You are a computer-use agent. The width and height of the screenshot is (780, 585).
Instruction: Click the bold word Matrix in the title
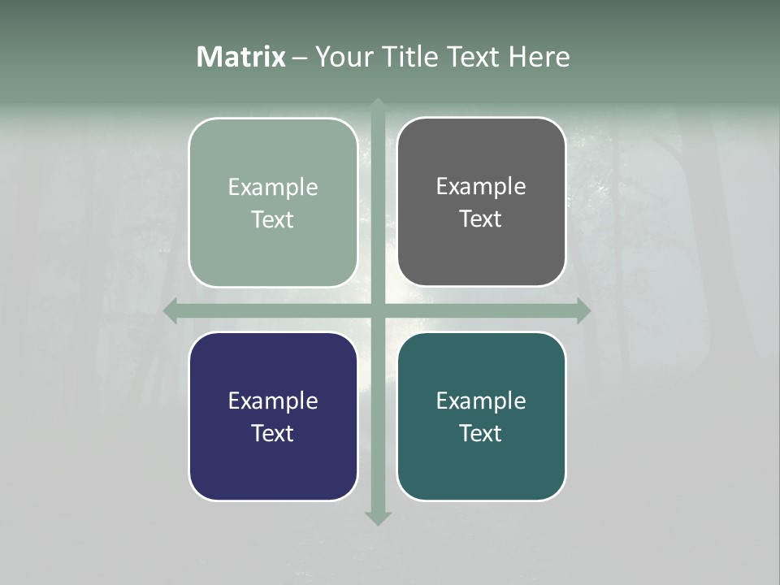click(x=241, y=57)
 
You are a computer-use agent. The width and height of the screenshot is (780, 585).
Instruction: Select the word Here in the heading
click(x=539, y=57)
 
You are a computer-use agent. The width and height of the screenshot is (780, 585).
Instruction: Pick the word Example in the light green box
click(x=273, y=188)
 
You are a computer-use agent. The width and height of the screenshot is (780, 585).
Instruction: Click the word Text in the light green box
click(x=273, y=220)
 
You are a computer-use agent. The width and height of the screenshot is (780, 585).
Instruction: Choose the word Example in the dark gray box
click(x=481, y=187)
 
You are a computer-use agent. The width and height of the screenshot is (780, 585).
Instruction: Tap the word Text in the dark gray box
click(x=481, y=219)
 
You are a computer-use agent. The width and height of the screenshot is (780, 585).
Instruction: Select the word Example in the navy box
click(x=273, y=401)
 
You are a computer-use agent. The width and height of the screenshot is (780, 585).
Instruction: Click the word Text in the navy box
click(x=273, y=434)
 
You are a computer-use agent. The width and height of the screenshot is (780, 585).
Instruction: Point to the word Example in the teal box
click(x=481, y=401)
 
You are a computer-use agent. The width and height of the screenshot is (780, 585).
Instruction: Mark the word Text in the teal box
click(x=481, y=434)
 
